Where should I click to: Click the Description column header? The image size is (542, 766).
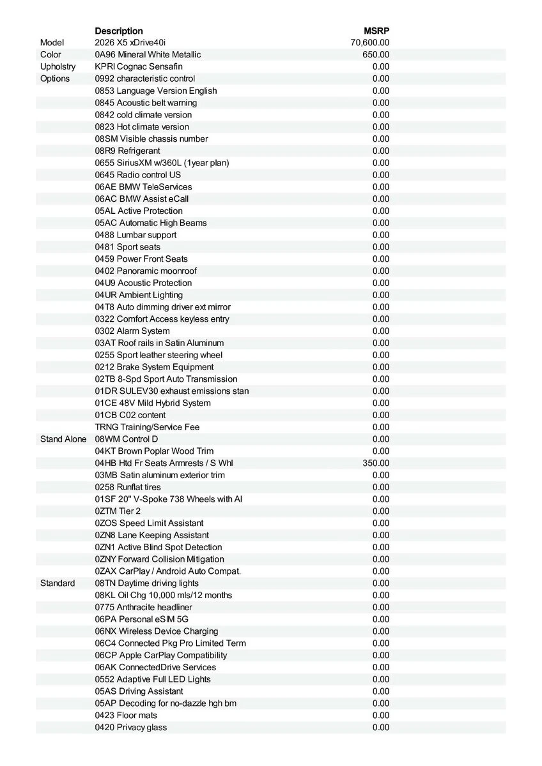point(119,31)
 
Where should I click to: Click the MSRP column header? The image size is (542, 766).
point(376,31)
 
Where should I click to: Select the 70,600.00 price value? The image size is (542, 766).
point(370,43)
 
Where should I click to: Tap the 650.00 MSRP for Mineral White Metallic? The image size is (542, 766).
point(376,55)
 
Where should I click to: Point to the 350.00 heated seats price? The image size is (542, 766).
point(376,463)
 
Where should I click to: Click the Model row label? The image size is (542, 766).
point(52,43)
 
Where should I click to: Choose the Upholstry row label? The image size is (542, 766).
point(58,67)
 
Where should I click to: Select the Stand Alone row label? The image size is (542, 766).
point(63,439)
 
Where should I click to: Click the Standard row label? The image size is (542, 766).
point(58,583)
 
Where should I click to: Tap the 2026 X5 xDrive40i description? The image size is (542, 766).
point(130,43)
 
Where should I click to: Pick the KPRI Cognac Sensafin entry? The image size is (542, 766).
point(139,67)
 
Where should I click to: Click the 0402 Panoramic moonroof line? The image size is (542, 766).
point(146,271)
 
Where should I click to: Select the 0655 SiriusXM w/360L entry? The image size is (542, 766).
point(162,163)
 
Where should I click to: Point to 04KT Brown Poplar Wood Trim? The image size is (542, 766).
point(154,451)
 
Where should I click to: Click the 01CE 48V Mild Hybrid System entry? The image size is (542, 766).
point(153,403)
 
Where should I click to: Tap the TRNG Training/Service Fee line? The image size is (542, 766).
point(147,427)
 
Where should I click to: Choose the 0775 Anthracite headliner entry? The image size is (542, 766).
point(143,608)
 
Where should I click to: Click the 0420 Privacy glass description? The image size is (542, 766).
point(131,728)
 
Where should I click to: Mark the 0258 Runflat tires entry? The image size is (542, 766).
point(128,488)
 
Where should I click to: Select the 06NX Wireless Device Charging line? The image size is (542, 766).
point(157,631)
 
